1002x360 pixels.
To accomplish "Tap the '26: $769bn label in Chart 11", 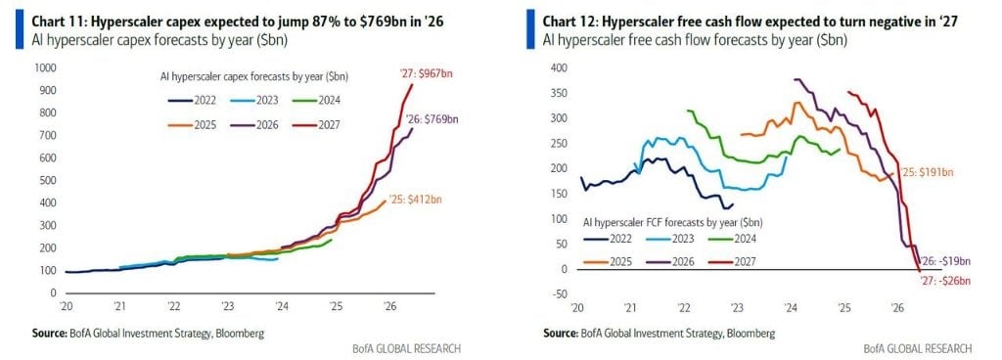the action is (432, 118).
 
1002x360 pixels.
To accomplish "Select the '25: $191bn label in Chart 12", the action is (927, 172).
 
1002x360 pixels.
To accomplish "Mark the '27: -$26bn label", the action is (944, 281).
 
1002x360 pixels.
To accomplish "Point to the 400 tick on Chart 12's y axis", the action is (557, 68).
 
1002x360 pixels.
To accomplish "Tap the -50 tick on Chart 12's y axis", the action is (558, 293).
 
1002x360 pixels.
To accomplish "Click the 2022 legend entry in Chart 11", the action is (193, 100).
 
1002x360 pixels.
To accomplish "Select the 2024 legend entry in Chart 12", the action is (734, 239).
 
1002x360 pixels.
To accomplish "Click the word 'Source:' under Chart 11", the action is (50, 334).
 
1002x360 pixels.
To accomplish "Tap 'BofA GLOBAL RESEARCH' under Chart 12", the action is (918, 348).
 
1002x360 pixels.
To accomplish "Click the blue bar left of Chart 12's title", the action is (530, 29).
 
